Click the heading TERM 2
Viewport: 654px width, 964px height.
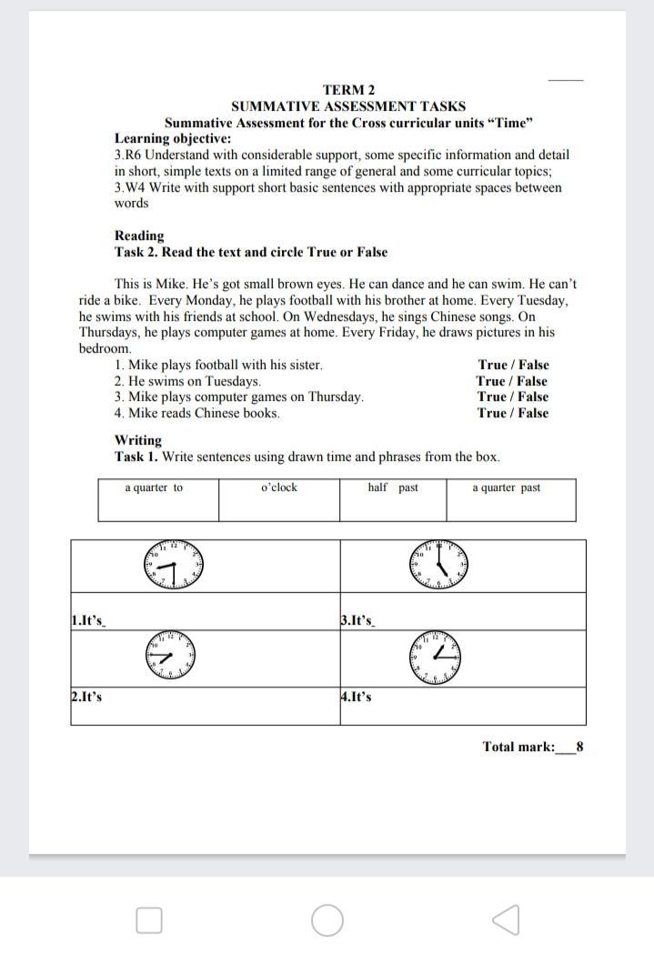tap(348, 90)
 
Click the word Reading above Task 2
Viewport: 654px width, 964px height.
tap(139, 236)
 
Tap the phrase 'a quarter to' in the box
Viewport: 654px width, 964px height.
tap(154, 488)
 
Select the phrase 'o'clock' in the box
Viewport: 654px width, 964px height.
tap(279, 488)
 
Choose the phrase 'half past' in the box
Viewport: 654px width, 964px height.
tap(393, 488)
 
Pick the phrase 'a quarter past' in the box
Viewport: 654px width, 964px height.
tap(506, 488)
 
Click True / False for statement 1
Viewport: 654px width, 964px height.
tap(513, 366)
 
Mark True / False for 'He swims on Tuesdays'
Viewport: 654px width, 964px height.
tap(512, 382)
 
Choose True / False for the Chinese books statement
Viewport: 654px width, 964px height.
tap(513, 413)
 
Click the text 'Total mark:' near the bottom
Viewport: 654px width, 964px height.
tap(518, 748)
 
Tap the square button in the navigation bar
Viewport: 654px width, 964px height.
tap(149, 920)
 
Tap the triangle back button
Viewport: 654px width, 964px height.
tap(506, 919)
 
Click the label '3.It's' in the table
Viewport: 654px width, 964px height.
tap(357, 621)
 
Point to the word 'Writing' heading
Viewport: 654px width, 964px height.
tap(138, 440)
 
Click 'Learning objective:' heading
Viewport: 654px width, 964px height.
tap(173, 139)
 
